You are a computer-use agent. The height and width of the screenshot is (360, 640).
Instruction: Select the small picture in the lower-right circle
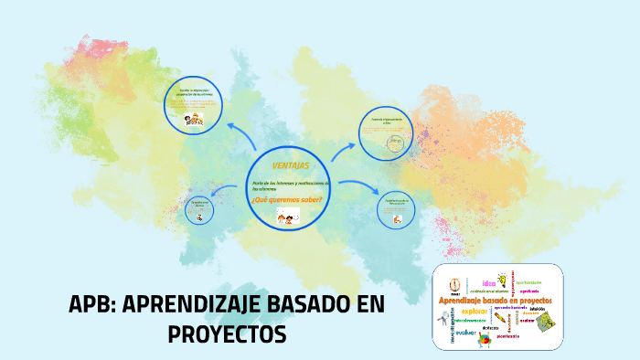coord(396,218)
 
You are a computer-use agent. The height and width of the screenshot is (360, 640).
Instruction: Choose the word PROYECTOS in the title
coord(228,335)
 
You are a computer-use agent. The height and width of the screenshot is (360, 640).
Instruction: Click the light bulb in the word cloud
coord(502,280)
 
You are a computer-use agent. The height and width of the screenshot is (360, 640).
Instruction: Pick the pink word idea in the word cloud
coord(483,282)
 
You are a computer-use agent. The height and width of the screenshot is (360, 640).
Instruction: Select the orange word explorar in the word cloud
coord(475,311)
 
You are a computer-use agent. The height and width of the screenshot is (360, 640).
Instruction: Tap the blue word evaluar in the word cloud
coord(467,333)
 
